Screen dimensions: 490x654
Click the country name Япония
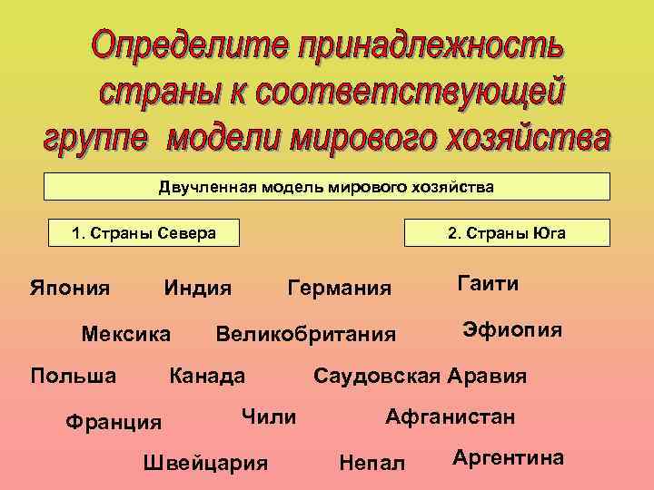71,289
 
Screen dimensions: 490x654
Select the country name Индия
197,289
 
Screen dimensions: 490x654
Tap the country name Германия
339,289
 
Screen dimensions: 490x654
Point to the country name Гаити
489,283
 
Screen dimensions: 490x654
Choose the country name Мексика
126,334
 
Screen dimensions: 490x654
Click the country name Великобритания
306,334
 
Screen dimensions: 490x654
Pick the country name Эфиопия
512,328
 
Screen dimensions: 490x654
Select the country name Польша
74,375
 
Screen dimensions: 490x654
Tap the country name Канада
208,375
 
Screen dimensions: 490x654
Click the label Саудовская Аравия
420,375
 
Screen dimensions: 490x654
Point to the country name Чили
269,416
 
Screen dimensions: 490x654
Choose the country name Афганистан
451,416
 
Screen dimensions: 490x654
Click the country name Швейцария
206,462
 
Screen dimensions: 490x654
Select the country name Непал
372,462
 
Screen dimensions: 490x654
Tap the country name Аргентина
508,456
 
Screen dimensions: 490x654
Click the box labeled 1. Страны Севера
144,233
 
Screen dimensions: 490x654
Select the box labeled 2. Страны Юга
507,233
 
